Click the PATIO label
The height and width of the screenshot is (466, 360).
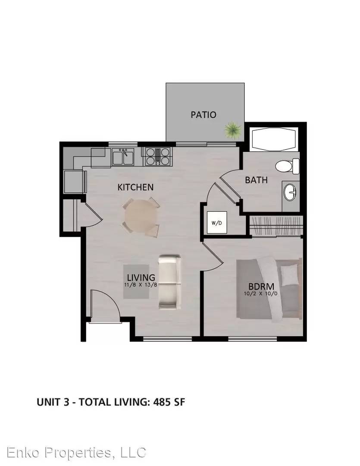click(203, 115)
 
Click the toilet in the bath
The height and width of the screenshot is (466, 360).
click(287, 166)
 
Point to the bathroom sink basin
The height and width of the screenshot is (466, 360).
click(290, 192)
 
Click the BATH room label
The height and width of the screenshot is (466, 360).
click(257, 180)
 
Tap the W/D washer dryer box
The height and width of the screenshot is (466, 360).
click(217, 222)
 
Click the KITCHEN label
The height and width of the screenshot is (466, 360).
click(135, 187)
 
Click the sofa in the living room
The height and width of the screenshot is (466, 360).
click(169, 282)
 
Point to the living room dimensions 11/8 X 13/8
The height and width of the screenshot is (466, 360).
click(141, 284)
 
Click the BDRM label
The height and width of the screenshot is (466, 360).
click(261, 287)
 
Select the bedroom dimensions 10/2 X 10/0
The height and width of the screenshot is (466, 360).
click(260, 294)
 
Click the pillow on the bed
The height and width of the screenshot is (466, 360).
click(289, 275)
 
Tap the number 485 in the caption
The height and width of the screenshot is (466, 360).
click(162, 402)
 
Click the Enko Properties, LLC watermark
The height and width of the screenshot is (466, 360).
click(76, 452)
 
